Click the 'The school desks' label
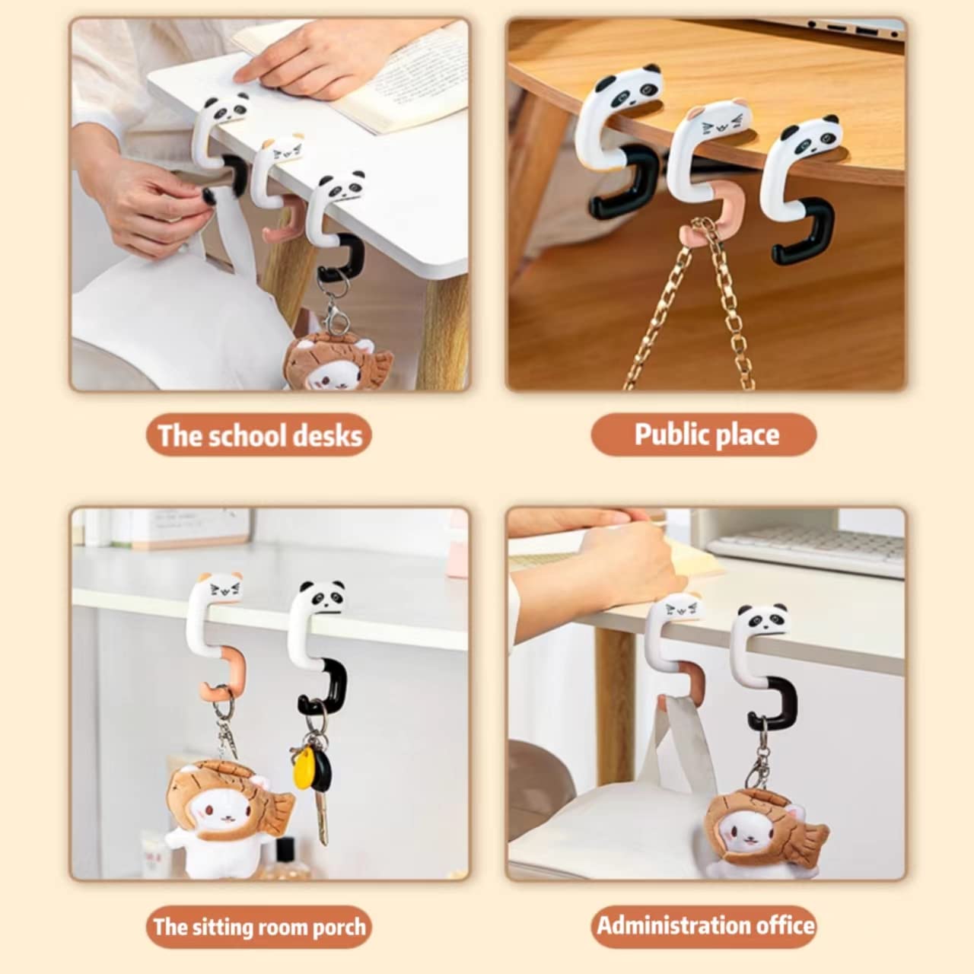point(259,436)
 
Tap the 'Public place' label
point(706,434)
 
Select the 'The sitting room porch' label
point(259,927)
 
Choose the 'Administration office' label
point(705,926)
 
